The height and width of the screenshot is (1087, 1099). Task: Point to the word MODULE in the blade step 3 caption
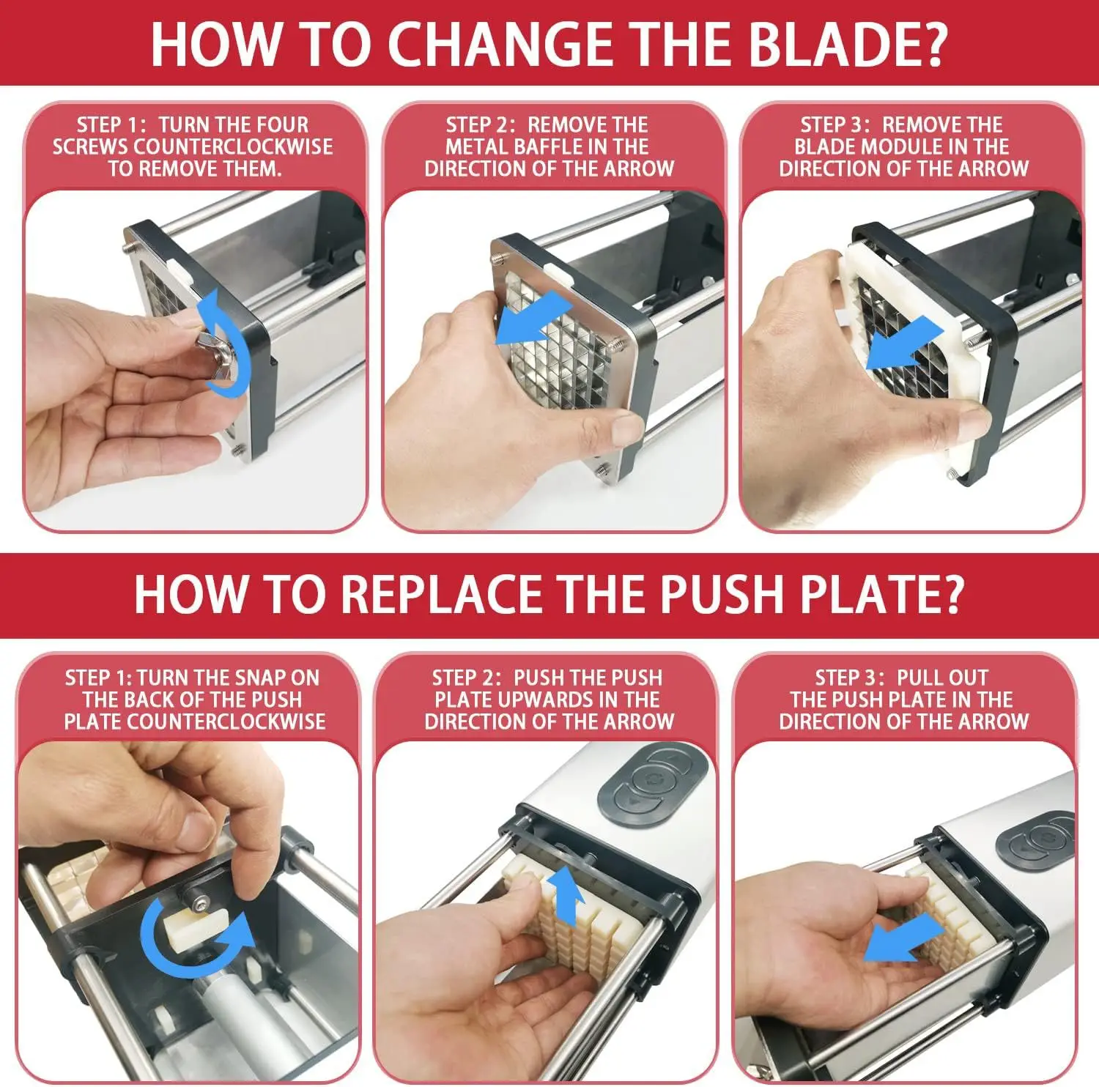[900, 146]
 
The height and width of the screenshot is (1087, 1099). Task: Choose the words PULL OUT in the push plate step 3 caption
[943, 678]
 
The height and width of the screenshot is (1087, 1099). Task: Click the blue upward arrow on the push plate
[566, 894]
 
